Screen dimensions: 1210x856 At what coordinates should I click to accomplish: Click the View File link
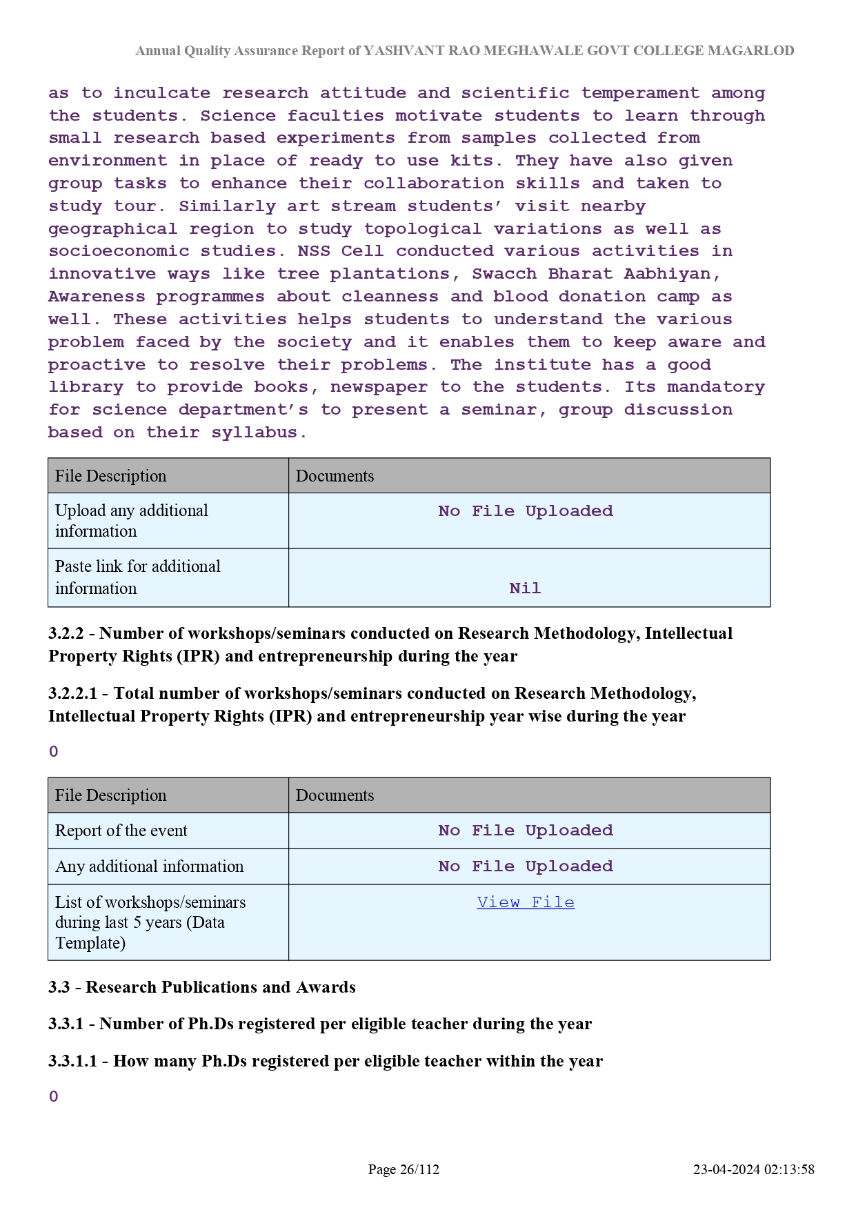click(525, 902)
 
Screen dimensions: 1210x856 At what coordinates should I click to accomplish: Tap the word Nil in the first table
click(525, 588)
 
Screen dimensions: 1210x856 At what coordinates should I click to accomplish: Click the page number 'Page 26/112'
click(404, 1169)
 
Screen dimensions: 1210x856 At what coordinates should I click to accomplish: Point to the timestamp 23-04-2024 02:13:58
click(753, 1169)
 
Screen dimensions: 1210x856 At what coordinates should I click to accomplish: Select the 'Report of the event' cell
click(121, 831)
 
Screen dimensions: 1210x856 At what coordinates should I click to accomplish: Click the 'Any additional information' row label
click(150, 866)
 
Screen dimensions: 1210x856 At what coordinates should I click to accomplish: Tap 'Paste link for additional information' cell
click(138, 577)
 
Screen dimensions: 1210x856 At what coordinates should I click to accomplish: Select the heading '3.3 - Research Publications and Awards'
click(202, 987)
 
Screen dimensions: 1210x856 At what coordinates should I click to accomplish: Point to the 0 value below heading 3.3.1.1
click(54, 1097)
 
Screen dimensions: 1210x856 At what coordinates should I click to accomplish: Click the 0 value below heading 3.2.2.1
click(54, 752)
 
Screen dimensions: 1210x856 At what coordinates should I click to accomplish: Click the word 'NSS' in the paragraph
click(313, 251)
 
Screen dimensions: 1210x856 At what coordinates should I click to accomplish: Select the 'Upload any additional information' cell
click(132, 521)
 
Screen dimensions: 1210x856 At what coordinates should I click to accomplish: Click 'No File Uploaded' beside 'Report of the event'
click(525, 831)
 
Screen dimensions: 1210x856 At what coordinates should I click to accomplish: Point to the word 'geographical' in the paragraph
click(112, 229)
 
